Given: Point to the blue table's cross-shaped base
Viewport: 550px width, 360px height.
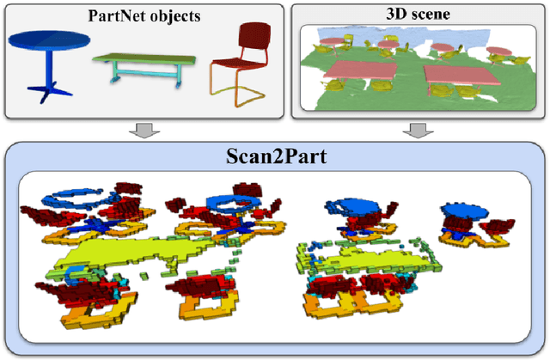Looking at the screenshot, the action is pyautogui.click(x=45, y=88).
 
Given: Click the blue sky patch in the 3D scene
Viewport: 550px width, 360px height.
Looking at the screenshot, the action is pyautogui.click(x=331, y=38).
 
